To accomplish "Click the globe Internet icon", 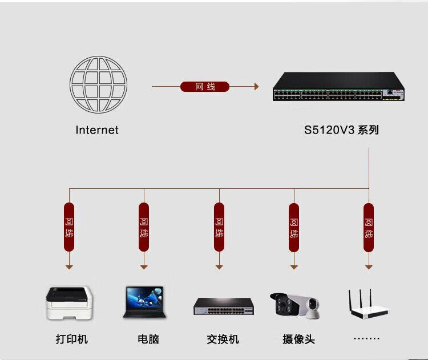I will point(98,84).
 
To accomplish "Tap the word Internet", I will point(97,130).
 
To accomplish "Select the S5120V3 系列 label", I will point(341,130).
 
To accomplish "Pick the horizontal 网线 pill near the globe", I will point(204,87).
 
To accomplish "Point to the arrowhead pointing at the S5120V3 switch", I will point(256,87).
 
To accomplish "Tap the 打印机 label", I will point(72,339).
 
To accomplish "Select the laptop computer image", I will point(143,301).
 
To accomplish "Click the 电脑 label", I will point(148,339).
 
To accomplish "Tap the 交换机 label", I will point(223,339).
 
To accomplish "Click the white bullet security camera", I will point(285,304).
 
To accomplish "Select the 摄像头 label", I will point(298,339).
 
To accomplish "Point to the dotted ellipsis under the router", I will point(366,338).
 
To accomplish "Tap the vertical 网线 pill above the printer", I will point(69,227).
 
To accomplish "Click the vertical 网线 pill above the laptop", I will point(144,227).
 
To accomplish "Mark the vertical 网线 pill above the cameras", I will point(293,227).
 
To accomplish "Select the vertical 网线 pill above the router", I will point(369,227).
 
